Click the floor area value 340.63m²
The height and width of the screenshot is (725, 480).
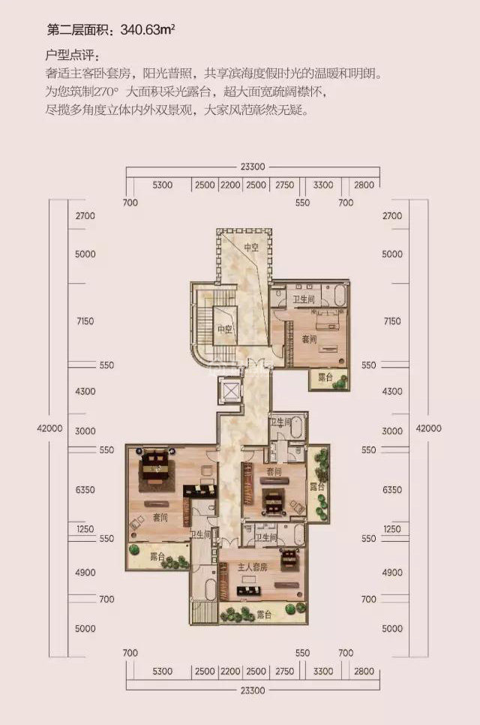pos(147,31)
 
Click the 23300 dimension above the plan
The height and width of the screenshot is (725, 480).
pos(253,167)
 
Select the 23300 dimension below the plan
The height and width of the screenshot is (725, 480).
pos(253,690)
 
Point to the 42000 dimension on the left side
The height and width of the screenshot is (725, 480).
pos(49,428)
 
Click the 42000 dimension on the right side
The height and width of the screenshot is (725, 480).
pos(429,428)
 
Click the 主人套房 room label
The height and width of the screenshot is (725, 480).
pos(253,567)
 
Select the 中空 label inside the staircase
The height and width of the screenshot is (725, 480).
pos(225,329)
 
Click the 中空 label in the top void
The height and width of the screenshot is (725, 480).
pos(251,248)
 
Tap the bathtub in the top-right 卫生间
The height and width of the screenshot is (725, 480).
pos(340,295)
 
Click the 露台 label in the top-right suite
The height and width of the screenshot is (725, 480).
pos(325,378)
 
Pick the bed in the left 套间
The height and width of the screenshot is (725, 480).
pos(156,465)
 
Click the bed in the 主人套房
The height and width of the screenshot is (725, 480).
pos(290,558)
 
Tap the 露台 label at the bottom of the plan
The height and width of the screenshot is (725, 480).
pos(264,615)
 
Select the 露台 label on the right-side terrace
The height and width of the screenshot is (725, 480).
pos(317,486)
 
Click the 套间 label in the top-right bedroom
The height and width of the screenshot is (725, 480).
pos(310,339)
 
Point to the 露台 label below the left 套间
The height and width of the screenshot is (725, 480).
pos(157,557)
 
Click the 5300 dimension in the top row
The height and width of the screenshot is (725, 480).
pos(162,185)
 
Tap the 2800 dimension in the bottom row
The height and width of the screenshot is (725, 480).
pos(364,671)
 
